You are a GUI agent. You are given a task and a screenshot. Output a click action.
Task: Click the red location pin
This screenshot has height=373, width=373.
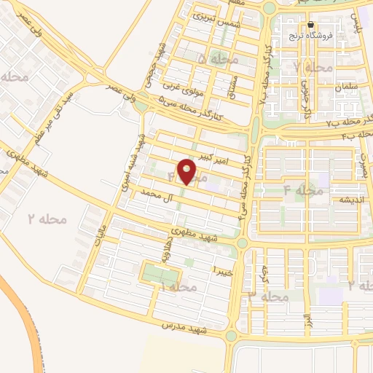(188, 172)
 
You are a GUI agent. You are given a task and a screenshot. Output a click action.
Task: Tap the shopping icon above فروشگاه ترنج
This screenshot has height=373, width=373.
(311, 24)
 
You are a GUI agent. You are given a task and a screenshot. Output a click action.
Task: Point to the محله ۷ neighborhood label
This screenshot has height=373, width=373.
(314, 68)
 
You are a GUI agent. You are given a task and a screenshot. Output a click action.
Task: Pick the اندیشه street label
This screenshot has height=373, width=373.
(346, 199)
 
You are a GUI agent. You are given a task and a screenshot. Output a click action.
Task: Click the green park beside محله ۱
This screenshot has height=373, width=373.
(160, 275)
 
